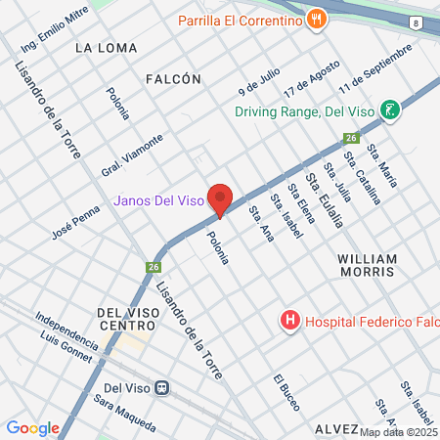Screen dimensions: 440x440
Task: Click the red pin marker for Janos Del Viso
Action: tap(220, 199)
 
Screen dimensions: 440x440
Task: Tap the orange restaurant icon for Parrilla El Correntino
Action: tap(315, 19)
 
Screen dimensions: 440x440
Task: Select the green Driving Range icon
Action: tap(390, 110)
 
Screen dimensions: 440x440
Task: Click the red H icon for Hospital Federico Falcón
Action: tap(289, 319)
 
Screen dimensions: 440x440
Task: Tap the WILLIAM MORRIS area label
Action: tap(367, 266)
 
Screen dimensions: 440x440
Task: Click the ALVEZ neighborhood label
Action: tap(337, 429)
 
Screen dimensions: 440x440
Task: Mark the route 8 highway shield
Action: tap(418, 50)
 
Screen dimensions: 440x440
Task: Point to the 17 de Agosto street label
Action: tap(305, 78)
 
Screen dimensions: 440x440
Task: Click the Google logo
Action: tap(32, 427)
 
